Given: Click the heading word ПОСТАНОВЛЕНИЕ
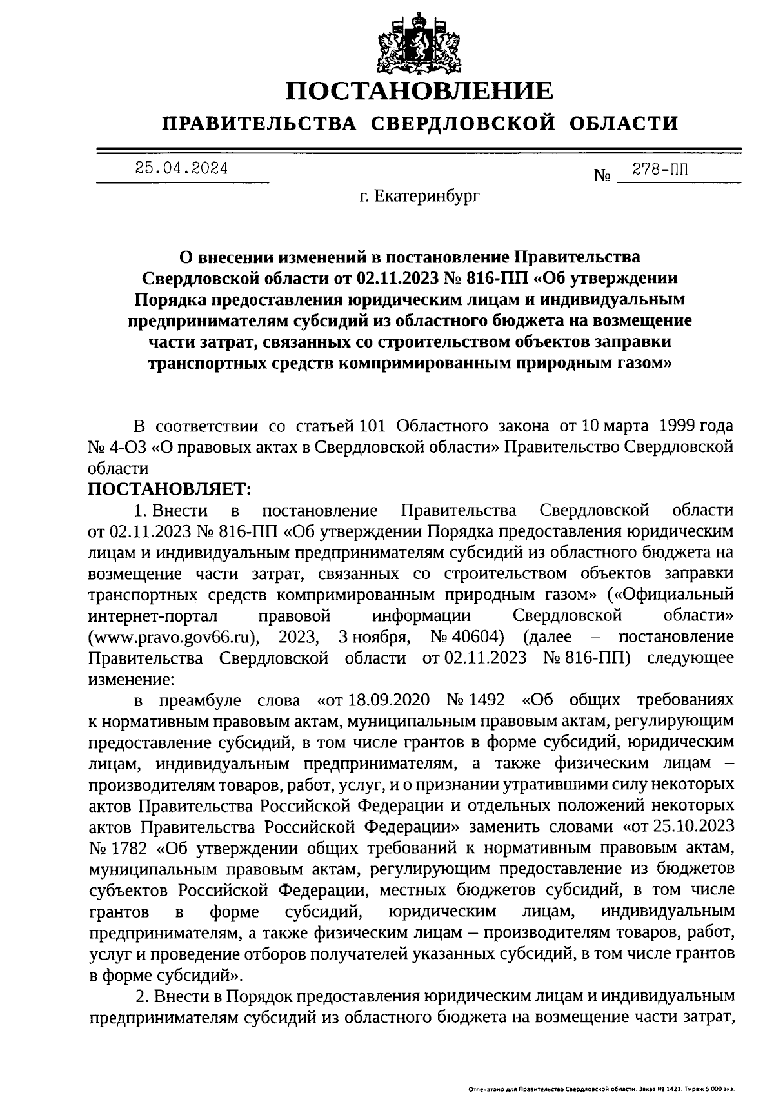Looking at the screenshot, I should tap(419, 91).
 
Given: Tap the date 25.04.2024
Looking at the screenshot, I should tap(181, 169).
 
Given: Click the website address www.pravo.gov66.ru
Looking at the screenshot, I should tap(174, 637).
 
